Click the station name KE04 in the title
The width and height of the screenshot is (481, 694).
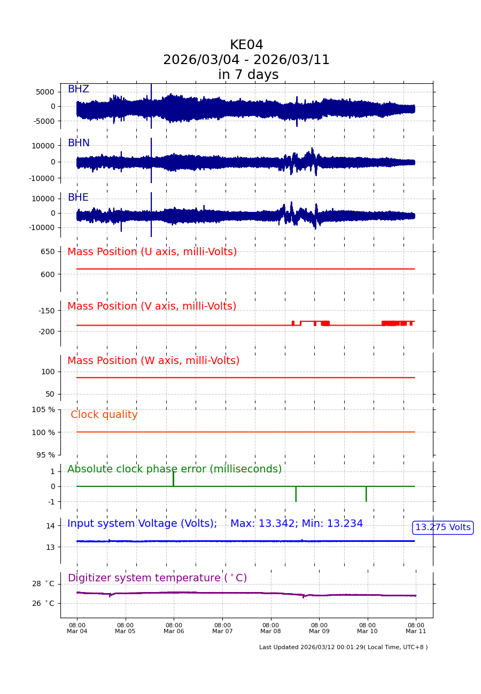click(x=246, y=45)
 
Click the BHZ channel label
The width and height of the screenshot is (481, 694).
click(x=78, y=89)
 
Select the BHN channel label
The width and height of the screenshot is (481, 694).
click(x=79, y=143)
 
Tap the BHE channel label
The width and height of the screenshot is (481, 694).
click(x=78, y=198)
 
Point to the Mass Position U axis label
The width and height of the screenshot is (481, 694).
click(x=152, y=252)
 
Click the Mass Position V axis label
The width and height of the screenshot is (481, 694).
click(x=152, y=306)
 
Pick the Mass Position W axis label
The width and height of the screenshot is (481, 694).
click(x=153, y=361)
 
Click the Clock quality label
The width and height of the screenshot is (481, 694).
click(x=104, y=415)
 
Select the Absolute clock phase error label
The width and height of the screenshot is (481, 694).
click(x=174, y=469)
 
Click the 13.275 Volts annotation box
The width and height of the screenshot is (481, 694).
click(x=443, y=527)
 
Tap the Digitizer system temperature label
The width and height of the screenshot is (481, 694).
click(x=157, y=578)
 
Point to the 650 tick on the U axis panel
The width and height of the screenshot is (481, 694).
click(x=48, y=251)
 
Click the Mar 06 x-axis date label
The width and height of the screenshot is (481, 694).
click(x=174, y=631)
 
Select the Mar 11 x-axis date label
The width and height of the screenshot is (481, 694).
click(x=416, y=631)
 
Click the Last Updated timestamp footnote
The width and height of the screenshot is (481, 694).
click(x=343, y=647)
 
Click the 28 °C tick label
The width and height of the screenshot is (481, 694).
click(x=43, y=583)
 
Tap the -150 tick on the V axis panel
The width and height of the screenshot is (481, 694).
click(x=46, y=311)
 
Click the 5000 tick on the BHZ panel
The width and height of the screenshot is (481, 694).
click(x=45, y=92)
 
